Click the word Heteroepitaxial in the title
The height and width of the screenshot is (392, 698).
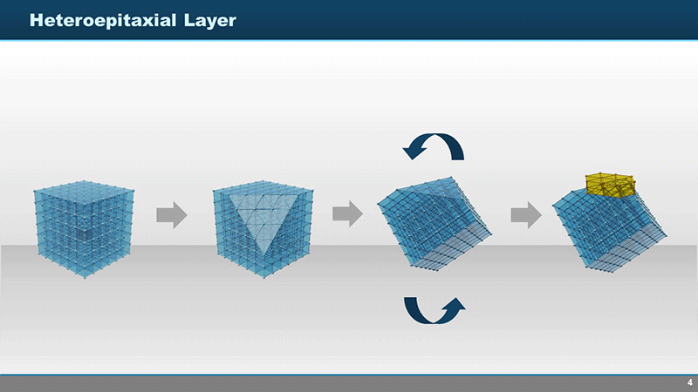(103, 20)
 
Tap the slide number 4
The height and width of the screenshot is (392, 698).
(689, 382)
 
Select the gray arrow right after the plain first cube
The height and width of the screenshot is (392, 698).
(172, 214)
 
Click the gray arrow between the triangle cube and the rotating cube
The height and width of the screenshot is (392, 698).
(347, 213)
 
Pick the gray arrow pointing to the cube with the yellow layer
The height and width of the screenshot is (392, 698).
(526, 214)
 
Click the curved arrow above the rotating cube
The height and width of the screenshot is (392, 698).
(433, 145)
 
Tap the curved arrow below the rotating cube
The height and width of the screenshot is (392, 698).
(435, 311)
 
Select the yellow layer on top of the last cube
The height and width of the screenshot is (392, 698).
(611, 185)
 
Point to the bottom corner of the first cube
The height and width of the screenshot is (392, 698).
(85, 277)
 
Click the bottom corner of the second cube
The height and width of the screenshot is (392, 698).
(263, 277)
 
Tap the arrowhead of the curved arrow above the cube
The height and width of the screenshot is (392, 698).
(413, 152)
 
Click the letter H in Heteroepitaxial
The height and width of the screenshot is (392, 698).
(36, 20)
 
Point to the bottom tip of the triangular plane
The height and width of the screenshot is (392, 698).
(263, 256)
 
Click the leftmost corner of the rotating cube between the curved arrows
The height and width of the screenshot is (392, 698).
(378, 204)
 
